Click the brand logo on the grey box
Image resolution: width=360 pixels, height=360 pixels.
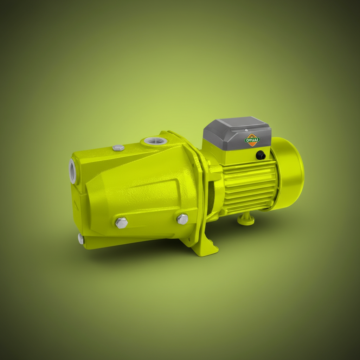pyautogui.click(x=252, y=140)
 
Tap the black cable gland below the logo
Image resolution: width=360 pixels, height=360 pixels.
pyautogui.click(x=261, y=155)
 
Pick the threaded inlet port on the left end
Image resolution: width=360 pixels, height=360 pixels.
pyautogui.click(x=73, y=171)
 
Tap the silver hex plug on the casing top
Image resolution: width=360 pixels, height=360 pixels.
pyautogui.click(x=118, y=148)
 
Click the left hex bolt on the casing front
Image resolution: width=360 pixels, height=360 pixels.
pyautogui.click(x=122, y=222)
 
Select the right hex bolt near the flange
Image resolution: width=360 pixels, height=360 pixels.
pyautogui.click(x=182, y=219)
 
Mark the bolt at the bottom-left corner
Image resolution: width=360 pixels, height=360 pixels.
pyautogui.click(x=81, y=239)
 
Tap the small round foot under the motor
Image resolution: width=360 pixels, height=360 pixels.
pyautogui.click(x=246, y=220)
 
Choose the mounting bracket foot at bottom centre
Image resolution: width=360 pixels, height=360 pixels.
pyautogui.click(x=206, y=248)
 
